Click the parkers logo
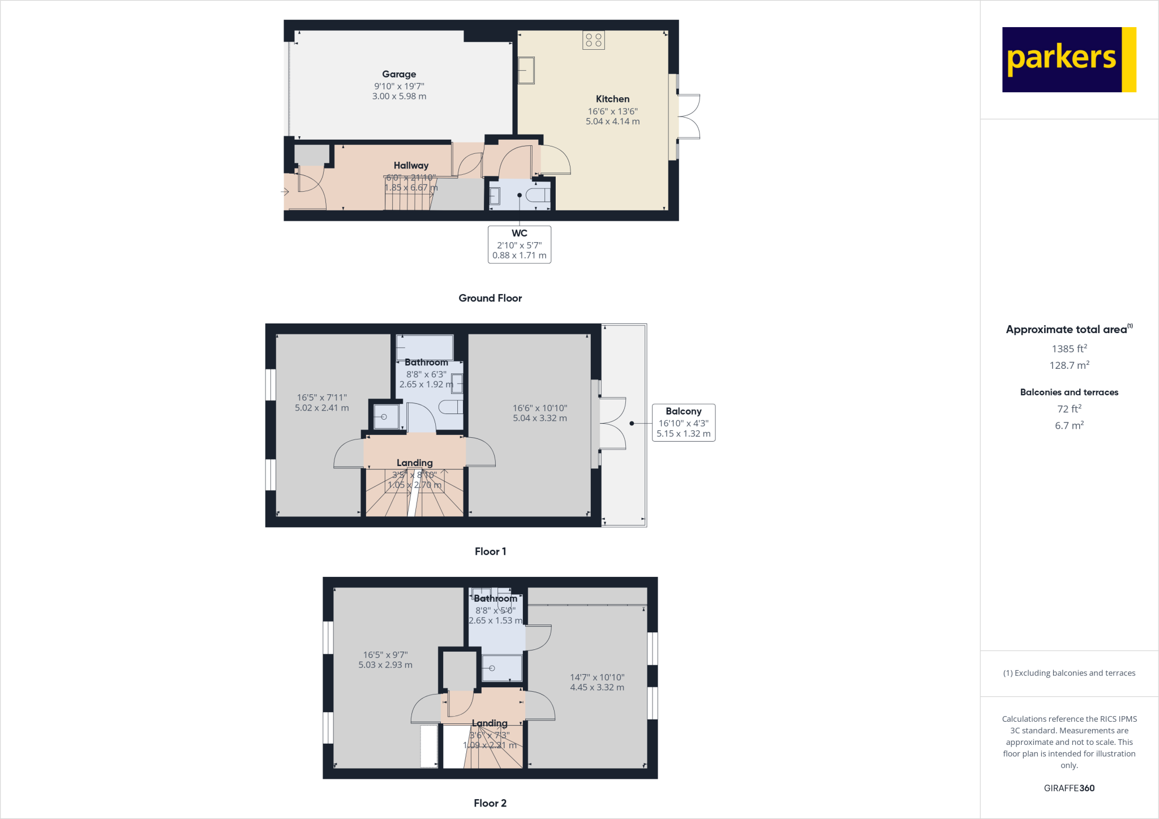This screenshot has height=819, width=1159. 1068,59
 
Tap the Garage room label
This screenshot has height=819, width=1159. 399,74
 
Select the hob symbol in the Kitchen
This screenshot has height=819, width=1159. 593,40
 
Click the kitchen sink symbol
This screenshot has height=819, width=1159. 526,70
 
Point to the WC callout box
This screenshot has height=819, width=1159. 519,244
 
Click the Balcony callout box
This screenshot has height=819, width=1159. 683,423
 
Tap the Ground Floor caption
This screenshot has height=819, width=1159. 490,298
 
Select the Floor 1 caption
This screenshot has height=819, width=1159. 490,551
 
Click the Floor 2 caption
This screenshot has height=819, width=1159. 490,803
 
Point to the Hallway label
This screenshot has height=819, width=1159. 411,165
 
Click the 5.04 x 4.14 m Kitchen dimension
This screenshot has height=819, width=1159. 612,122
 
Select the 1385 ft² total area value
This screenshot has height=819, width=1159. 1068,349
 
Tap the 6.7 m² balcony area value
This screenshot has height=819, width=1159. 1068,425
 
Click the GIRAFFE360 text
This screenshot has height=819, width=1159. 1068,788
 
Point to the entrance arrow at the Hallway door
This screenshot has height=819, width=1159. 285,192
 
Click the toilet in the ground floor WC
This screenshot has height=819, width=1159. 538,196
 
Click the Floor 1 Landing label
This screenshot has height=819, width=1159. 414,463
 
